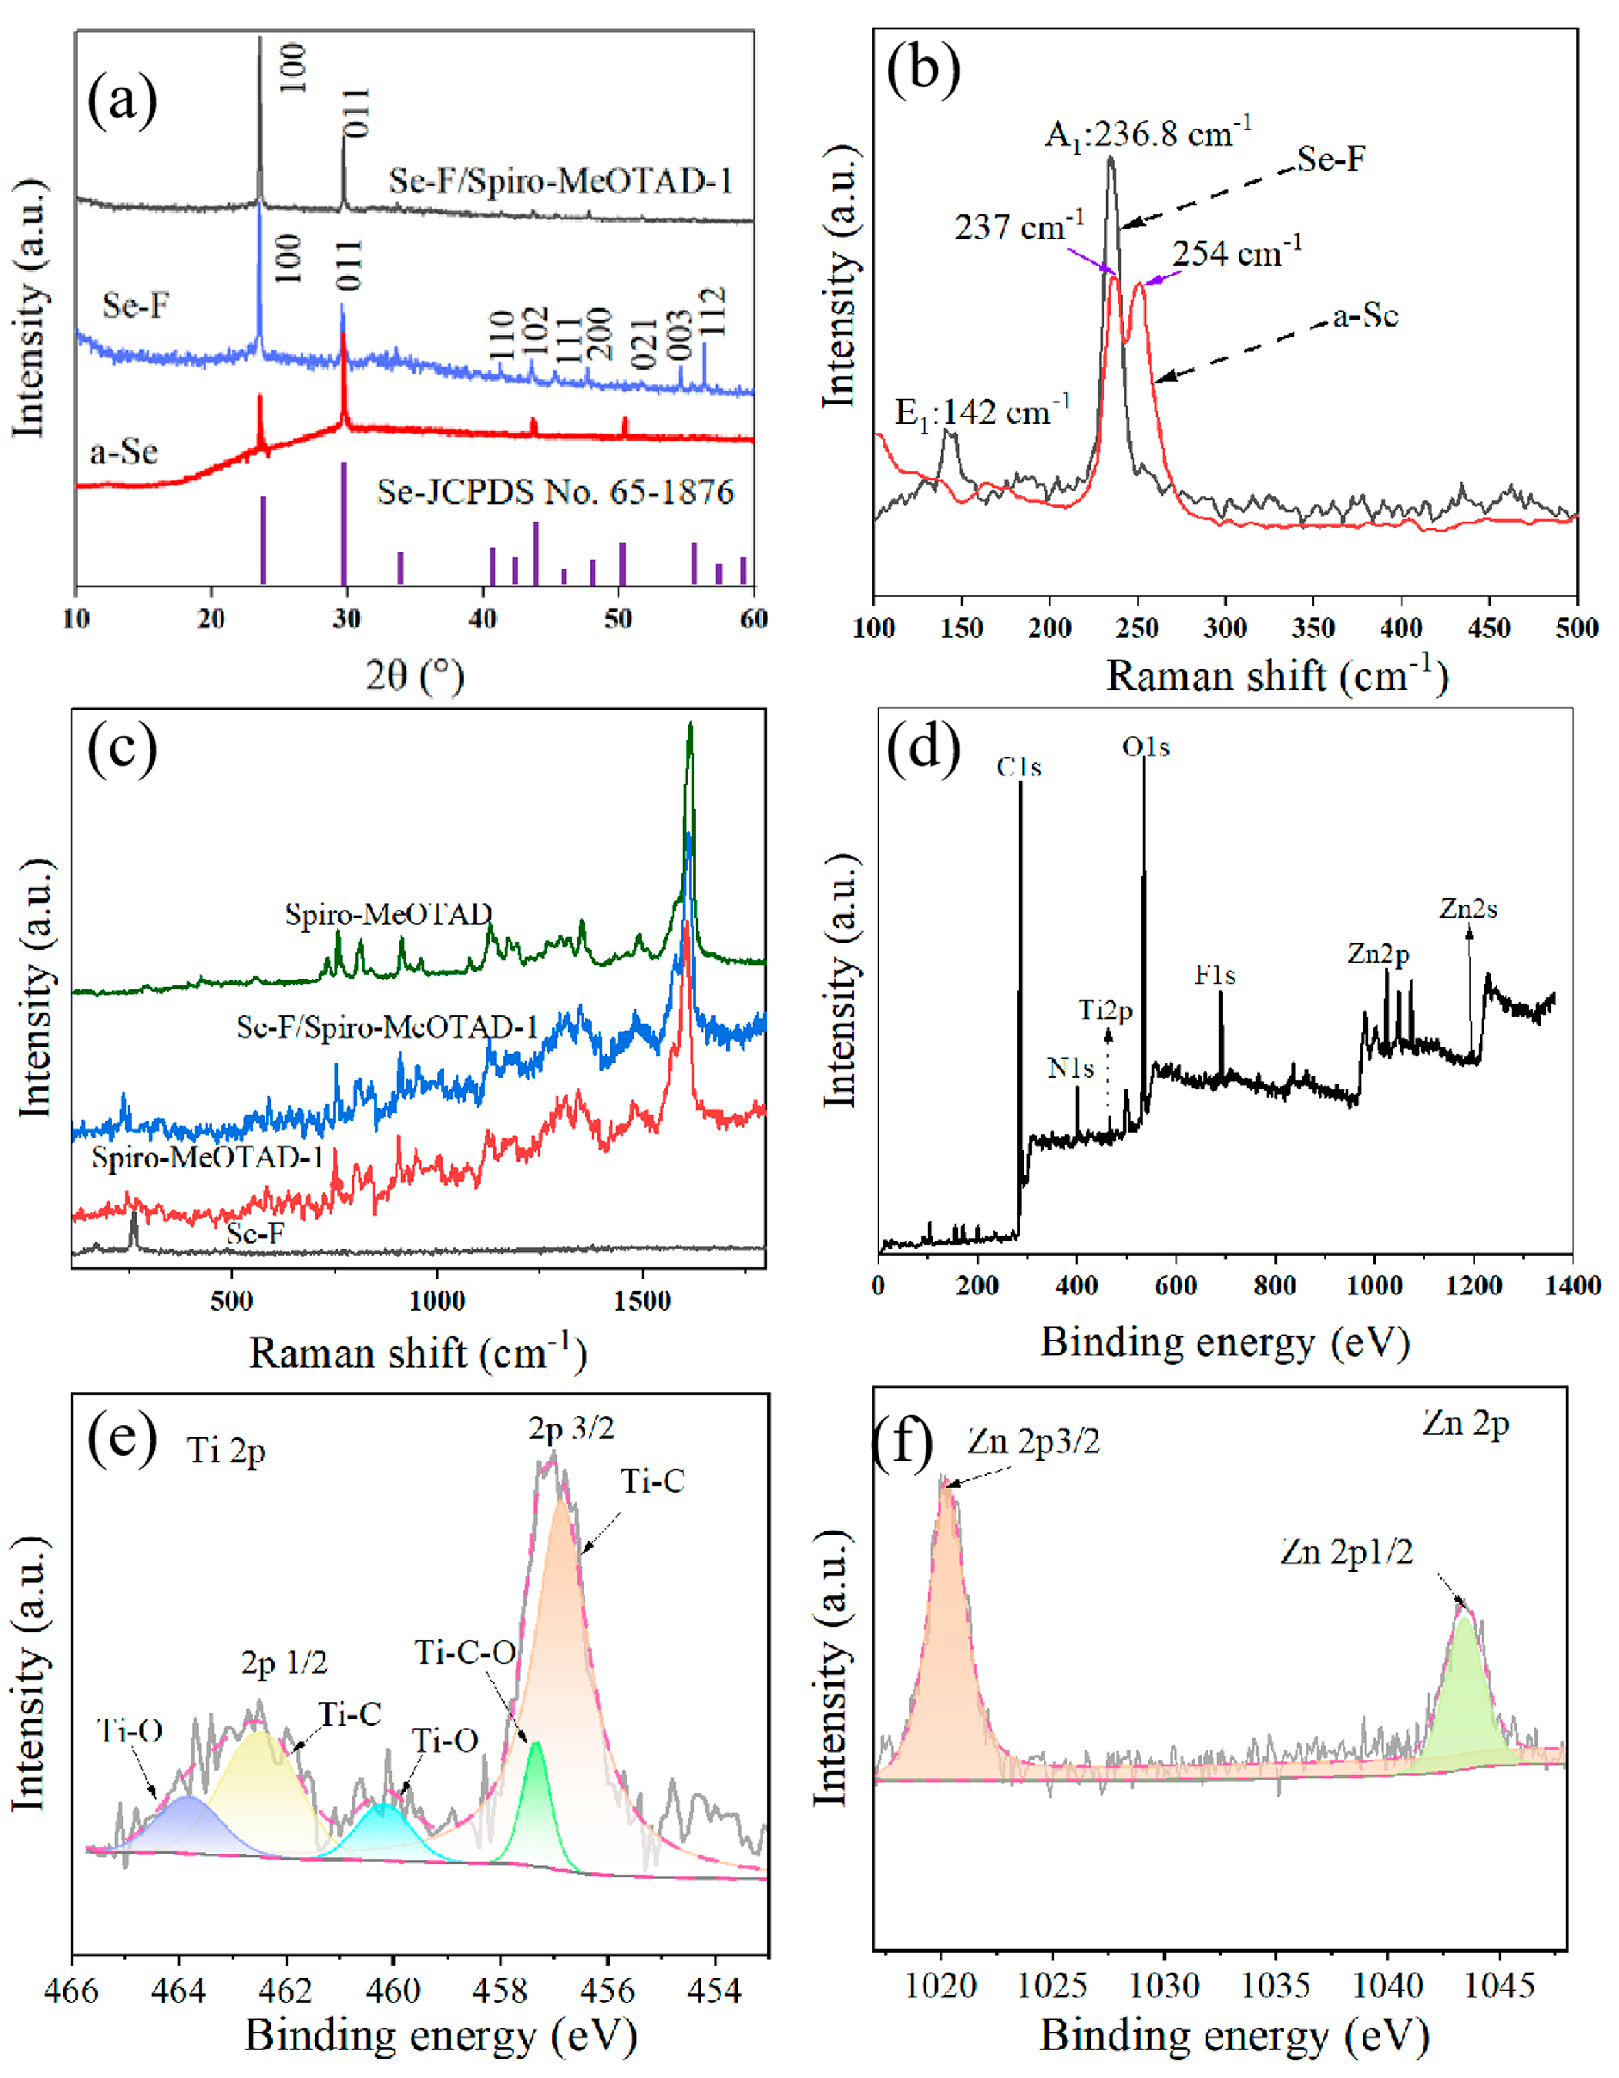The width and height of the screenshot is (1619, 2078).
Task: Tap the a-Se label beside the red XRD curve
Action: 123,451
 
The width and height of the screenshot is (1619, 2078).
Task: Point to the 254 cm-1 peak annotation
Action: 1237,254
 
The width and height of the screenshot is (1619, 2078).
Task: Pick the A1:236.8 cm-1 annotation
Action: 1147,134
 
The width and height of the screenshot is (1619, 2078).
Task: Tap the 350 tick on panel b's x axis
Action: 1312,628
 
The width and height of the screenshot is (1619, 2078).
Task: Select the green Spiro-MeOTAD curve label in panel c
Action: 388,915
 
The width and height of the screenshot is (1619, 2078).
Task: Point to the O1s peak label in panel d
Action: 1145,748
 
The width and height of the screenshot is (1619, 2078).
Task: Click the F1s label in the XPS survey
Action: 1215,975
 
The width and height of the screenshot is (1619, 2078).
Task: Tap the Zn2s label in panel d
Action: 1468,910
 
